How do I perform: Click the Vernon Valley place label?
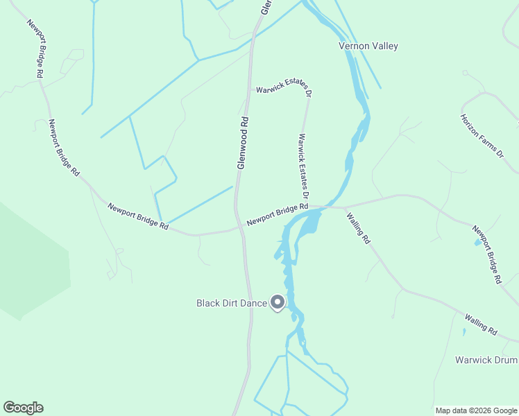[x=368, y=46]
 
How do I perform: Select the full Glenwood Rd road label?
[x=242, y=141]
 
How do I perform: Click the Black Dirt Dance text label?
[x=231, y=303]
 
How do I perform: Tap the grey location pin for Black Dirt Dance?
[x=278, y=302]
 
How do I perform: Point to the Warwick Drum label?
[x=486, y=360]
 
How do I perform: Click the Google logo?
[x=23, y=408]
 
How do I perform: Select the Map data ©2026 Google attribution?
[x=476, y=410]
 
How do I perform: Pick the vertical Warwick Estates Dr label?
[x=303, y=166]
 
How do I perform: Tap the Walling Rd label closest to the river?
[x=358, y=227]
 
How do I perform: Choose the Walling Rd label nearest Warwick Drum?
[x=481, y=324]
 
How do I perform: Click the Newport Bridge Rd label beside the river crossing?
[x=277, y=214]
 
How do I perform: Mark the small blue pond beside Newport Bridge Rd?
[x=477, y=241]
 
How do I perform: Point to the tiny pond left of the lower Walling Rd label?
[x=464, y=331]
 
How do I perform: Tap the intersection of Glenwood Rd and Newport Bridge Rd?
[x=239, y=227]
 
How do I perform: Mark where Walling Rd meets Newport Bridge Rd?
[x=345, y=207]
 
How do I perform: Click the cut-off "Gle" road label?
[x=264, y=7]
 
